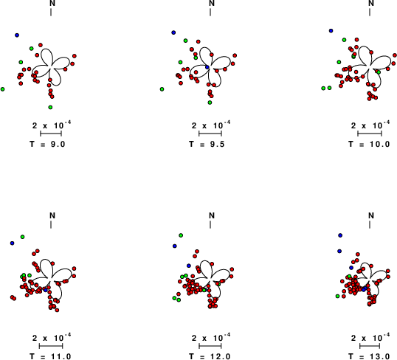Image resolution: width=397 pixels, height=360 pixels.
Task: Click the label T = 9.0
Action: pyautogui.click(x=47, y=144)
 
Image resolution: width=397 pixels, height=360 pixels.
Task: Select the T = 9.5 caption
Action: pyautogui.click(x=207, y=144)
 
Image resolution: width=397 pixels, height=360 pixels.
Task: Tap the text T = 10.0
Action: pyautogui.click(x=369, y=144)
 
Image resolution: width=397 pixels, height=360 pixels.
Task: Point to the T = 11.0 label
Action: pyautogui.click(x=50, y=356)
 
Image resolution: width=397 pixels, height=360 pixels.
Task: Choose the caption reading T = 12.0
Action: pyautogui.click(x=210, y=356)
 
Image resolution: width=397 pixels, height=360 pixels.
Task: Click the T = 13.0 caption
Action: pyautogui.click(x=369, y=356)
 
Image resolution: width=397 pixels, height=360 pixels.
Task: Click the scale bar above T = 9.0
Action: pyautogui.click(x=51, y=134)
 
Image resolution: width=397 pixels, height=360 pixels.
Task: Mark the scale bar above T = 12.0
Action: pyautogui.click(x=210, y=346)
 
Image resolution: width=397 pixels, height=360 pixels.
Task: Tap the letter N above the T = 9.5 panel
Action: pyautogui.click(x=212, y=3)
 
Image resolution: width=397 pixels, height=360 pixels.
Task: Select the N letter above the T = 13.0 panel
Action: pyautogui.click(x=371, y=215)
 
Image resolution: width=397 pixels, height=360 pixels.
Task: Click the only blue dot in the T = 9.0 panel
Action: pyautogui.click(x=17, y=35)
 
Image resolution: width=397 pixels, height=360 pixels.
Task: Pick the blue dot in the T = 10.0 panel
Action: pyautogui.click(x=331, y=31)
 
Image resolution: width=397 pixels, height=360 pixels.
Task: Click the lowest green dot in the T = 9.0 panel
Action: pyautogui.click(x=50, y=108)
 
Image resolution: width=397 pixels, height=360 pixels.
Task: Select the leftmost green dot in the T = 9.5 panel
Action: pyautogui.click(x=162, y=89)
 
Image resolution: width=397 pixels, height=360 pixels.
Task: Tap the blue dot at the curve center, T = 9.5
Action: pyautogui.click(x=207, y=67)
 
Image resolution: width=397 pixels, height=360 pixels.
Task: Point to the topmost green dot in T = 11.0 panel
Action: pyautogui.click(x=23, y=237)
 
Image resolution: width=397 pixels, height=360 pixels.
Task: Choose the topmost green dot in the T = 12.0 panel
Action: pyautogui.click(x=181, y=235)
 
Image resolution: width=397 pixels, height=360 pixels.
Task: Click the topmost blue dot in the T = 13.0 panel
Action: pyautogui.click(x=340, y=235)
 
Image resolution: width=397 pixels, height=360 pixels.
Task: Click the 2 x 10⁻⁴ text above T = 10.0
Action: pyautogui.click(x=370, y=125)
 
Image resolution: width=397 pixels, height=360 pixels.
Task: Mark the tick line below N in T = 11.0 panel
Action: pyautogui.click(x=51, y=224)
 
